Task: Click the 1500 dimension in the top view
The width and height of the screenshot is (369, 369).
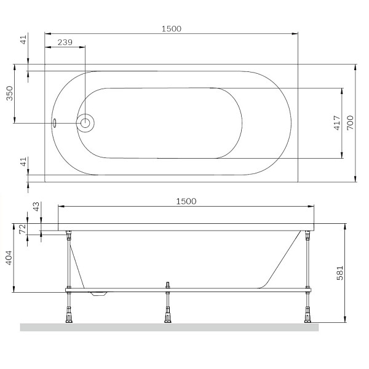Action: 171,29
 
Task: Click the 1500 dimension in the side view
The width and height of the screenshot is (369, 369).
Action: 186,201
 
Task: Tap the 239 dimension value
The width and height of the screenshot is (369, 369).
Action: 65,42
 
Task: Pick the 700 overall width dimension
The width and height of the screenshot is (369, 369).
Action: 351,123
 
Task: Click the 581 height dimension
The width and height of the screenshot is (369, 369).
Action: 340,273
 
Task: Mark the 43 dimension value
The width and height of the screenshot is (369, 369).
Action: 35,208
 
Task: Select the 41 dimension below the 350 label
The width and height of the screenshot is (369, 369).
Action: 24,163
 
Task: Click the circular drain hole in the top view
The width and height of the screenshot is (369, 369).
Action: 85,123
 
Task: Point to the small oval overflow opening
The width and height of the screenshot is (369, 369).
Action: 54,122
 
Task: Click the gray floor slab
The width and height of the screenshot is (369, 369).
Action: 169,327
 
